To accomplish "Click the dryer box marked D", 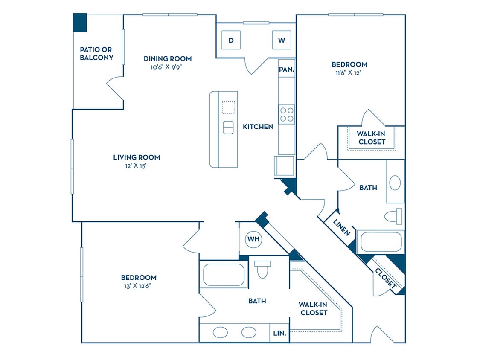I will click(x=231, y=41).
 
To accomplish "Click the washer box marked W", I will click(x=282, y=41).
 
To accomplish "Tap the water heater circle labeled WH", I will click(x=254, y=239).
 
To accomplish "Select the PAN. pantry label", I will click(x=286, y=69).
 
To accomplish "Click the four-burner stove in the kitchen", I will click(x=287, y=114).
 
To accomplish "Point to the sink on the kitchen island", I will click(x=228, y=128).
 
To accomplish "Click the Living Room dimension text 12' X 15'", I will click(x=137, y=165).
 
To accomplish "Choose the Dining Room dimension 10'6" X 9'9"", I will click(x=167, y=67).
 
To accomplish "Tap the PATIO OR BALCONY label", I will click(x=97, y=54).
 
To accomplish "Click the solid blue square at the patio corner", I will click(x=80, y=23).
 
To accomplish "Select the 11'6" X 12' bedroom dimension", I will click(x=349, y=73).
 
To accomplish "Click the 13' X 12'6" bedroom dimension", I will click(x=138, y=286).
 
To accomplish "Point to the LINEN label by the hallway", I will click(x=342, y=227).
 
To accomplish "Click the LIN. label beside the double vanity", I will click(x=280, y=333).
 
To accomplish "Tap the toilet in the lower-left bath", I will click(x=262, y=270).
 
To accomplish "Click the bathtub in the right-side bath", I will click(x=380, y=242).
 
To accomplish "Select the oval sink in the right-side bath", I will click(x=395, y=183).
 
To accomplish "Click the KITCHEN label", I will click(x=258, y=127).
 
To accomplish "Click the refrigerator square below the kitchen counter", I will click(x=284, y=165).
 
